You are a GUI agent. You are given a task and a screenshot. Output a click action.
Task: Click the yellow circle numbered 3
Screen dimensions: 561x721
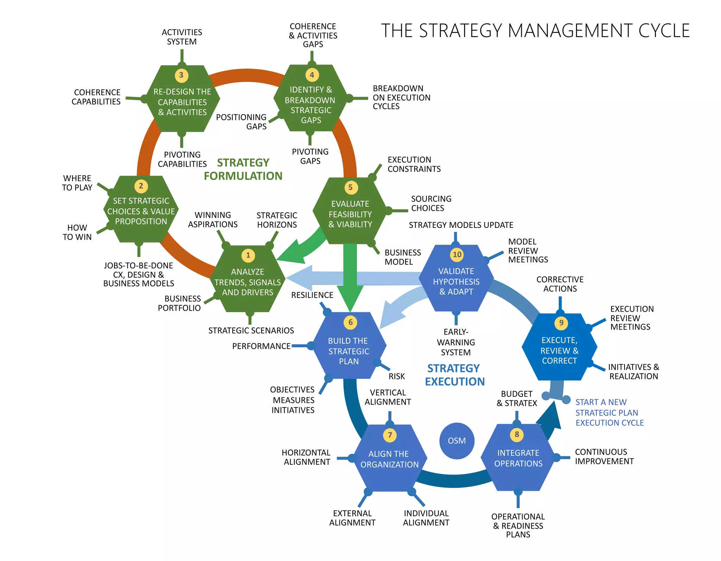tap(181, 75)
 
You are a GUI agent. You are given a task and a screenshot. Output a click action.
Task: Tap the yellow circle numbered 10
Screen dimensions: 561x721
tap(457, 255)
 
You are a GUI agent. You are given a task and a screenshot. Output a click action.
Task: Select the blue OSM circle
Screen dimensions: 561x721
tap(457, 441)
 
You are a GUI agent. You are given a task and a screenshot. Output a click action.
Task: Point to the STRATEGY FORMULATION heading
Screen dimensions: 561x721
tap(243, 169)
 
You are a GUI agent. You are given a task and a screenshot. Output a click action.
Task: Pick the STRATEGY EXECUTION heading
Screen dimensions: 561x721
tap(454, 375)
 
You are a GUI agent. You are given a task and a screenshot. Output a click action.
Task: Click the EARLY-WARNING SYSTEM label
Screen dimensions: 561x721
tap(456, 342)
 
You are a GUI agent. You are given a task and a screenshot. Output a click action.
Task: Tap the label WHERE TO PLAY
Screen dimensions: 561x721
tap(77, 183)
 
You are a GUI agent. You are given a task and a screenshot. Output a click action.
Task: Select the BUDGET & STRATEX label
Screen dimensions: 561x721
tap(516, 399)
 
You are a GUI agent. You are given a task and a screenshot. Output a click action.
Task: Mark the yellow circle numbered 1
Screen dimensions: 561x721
tap(248, 255)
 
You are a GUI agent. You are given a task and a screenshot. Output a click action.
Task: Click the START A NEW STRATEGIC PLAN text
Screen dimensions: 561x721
tap(609, 412)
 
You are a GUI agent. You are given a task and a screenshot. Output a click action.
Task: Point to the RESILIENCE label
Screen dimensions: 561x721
tap(312, 295)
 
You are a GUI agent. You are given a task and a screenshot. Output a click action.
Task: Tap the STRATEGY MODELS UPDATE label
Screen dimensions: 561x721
tap(461, 225)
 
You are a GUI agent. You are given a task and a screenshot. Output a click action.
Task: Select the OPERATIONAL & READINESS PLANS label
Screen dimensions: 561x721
tap(518, 525)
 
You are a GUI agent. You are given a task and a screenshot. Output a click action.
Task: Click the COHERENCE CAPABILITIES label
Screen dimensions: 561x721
tap(96, 97)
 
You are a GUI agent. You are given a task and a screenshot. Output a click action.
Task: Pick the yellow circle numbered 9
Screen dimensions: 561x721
tap(561, 323)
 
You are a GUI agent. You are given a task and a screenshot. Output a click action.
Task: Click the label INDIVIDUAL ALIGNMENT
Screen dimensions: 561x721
tap(426, 518)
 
